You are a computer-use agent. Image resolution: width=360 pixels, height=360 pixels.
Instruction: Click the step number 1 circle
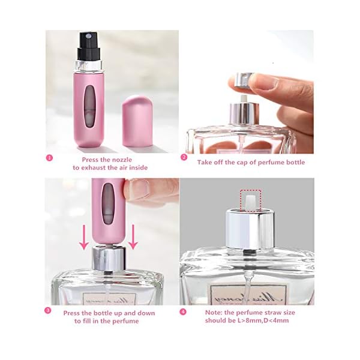pos(49,158)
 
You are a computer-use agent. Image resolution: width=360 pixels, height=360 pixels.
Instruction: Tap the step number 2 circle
pos(185,158)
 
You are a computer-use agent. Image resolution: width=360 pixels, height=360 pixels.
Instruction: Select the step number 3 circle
pos(48,311)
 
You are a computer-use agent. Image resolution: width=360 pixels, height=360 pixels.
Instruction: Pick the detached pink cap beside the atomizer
pos(139,121)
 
